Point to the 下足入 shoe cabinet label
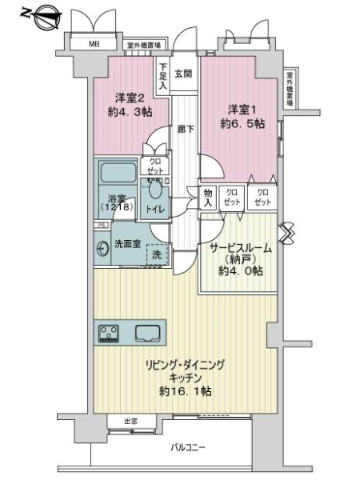click(162, 76)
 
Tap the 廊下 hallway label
click(184, 128)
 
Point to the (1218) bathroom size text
click(118, 208)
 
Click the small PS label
click(100, 226)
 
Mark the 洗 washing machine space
click(157, 254)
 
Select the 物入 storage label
click(208, 198)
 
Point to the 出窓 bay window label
click(131, 421)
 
